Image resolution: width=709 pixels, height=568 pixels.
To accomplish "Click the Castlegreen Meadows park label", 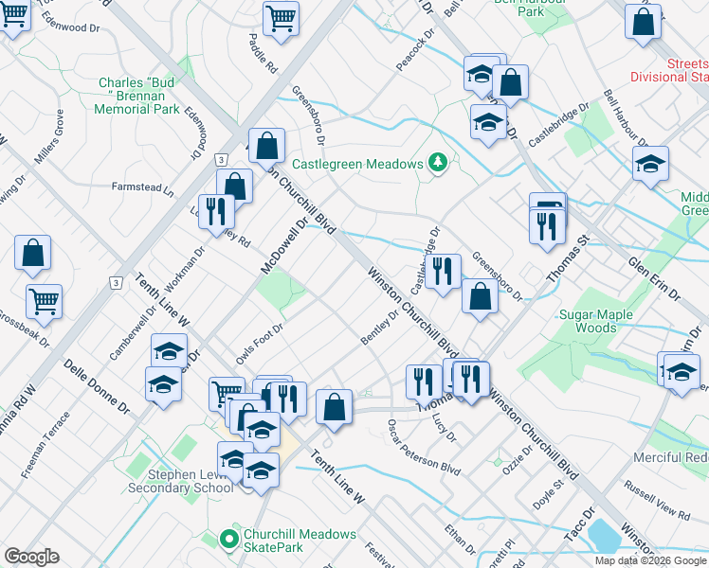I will [356, 164].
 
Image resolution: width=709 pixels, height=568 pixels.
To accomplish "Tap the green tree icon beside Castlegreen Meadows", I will [437, 163].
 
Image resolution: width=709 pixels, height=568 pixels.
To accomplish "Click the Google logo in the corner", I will [30, 557].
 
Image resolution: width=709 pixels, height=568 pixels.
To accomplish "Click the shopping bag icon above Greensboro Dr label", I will [481, 296].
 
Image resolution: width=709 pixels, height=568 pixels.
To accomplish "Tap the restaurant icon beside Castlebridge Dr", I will [443, 273].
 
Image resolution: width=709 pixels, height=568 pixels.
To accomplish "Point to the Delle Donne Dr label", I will [97, 388].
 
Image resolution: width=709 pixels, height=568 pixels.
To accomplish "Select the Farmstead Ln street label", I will [143, 188].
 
